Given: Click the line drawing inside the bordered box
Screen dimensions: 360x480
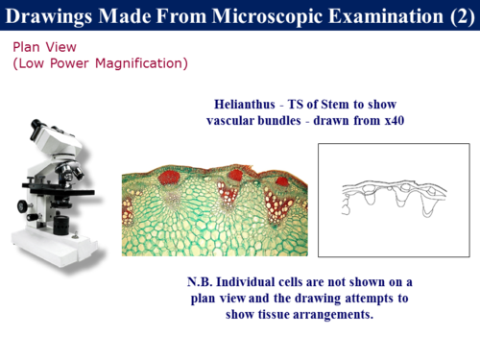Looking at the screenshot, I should [394, 197].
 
